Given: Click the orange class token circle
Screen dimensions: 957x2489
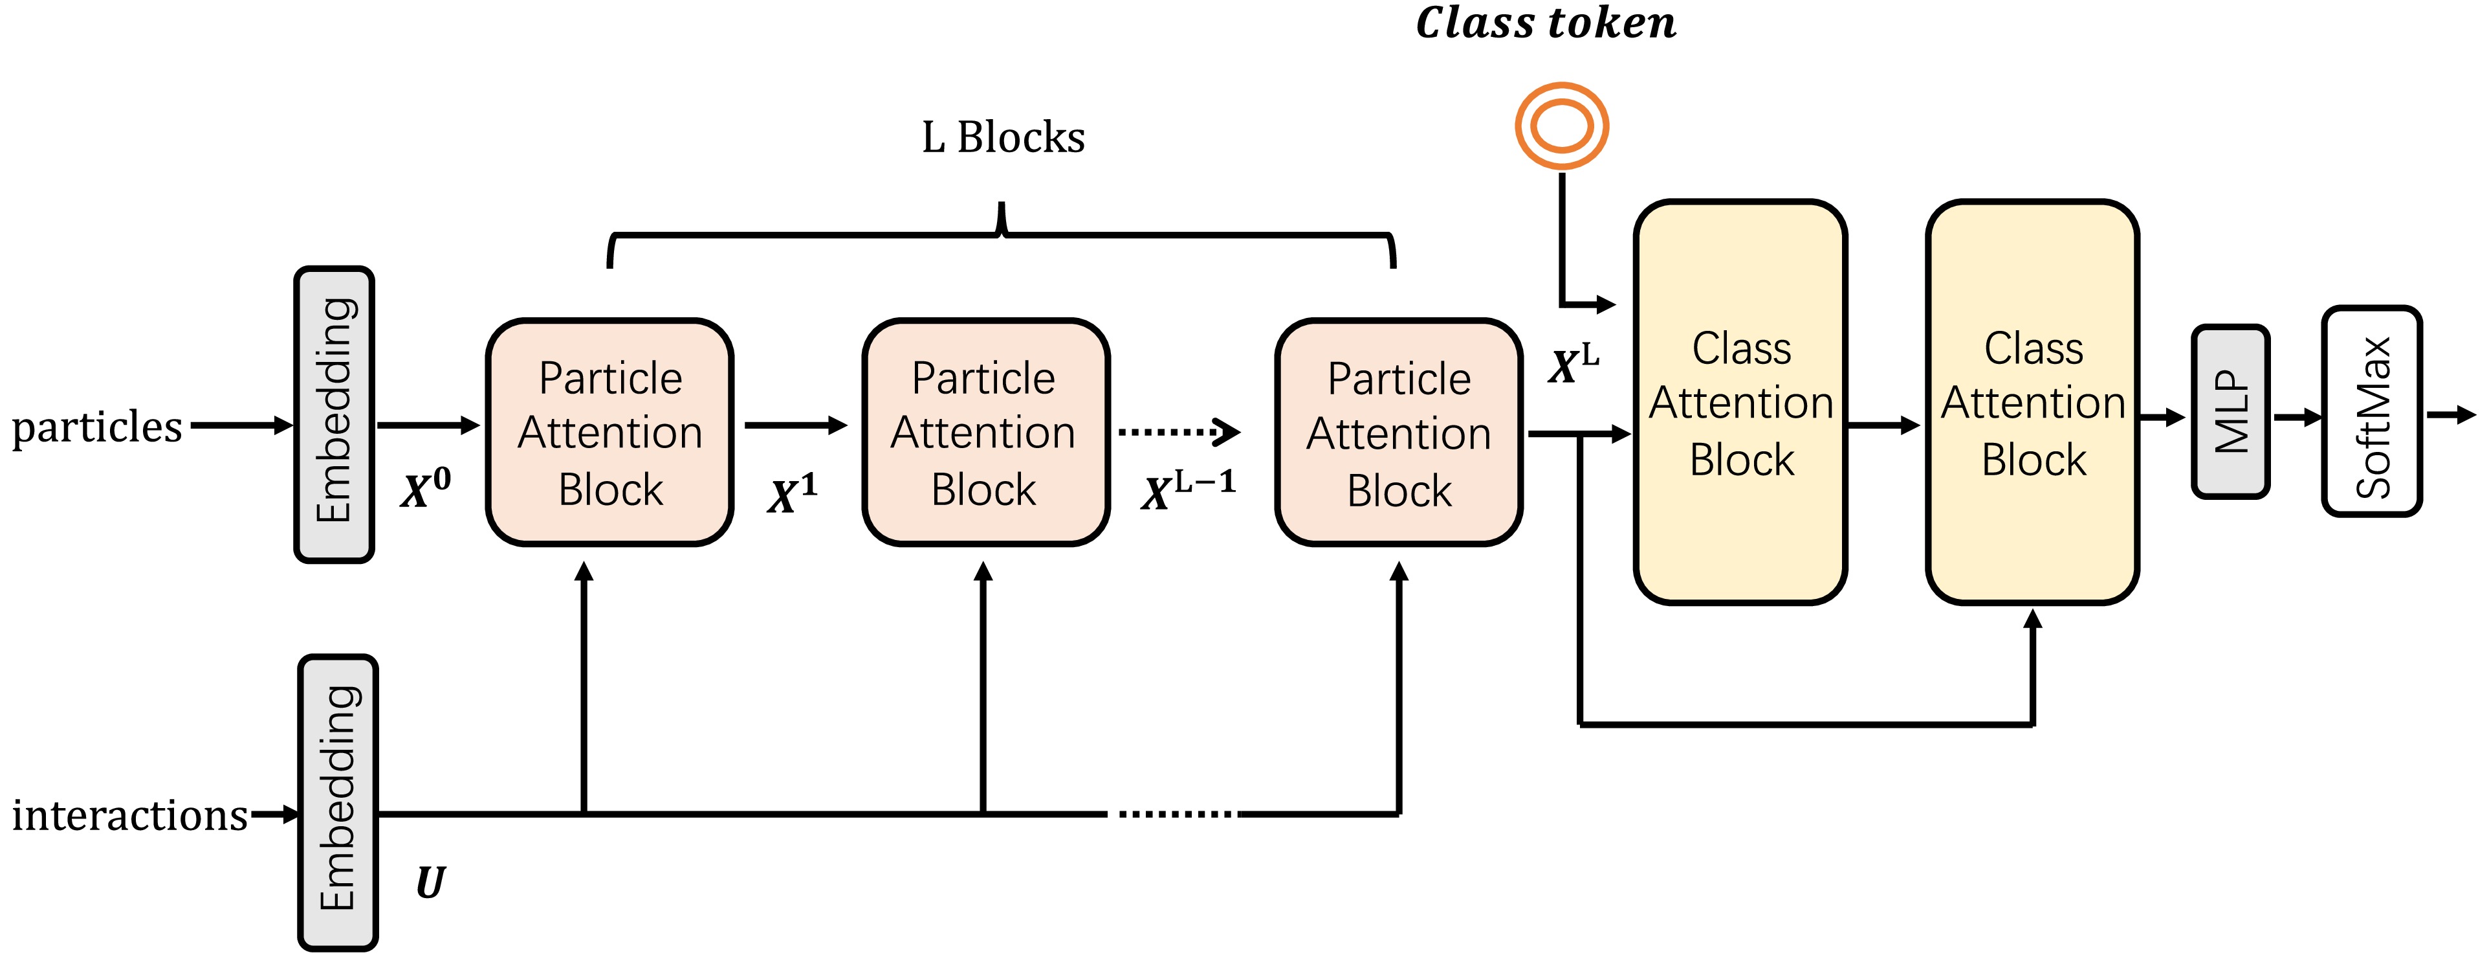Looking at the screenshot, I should coord(1561,126).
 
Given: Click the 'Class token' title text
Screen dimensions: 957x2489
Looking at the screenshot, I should coord(1545,23).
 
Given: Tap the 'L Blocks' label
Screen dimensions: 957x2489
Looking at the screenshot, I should coord(1003,137).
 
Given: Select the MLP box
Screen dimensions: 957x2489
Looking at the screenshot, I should coord(2230,412).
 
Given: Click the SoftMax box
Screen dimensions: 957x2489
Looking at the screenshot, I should coord(2372,412).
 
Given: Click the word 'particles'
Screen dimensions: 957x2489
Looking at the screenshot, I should coord(96,426).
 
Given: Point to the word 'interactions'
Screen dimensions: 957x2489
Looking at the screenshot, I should coord(131,815).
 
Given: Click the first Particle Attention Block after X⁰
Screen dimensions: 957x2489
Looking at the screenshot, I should coord(609,432).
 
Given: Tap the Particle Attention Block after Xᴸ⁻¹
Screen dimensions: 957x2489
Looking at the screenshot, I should coord(1398,432).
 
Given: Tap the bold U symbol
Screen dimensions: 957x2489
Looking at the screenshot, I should coord(430,882).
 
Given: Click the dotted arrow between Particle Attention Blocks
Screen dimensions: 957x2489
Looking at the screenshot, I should coord(1179,431).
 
